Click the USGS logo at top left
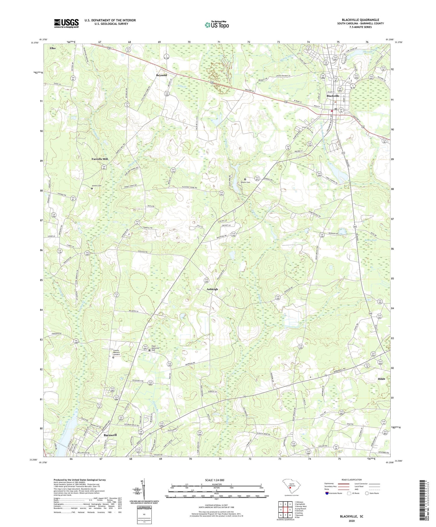pos(66,23)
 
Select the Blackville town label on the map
pos(333,96)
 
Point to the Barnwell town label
pos(110,435)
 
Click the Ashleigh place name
pos(212,289)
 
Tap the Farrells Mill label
pos(100,159)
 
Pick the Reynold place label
pos(162,75)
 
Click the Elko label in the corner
pos(53,48)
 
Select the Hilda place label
pos(381,379)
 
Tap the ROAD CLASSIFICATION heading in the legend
pos(352,480)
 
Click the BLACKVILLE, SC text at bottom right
pos(352,516)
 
